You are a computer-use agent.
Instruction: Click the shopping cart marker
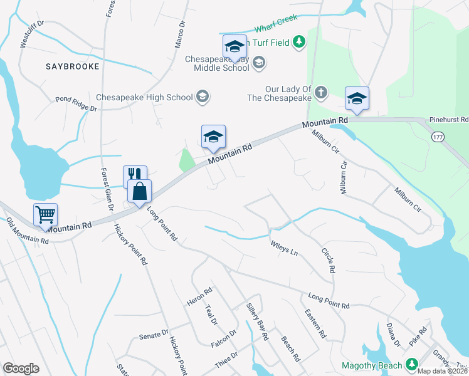46,214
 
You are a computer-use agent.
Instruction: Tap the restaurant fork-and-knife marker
135,175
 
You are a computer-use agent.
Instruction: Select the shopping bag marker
139,191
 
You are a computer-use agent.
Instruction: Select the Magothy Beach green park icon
411,364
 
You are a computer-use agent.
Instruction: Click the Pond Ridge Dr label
76,104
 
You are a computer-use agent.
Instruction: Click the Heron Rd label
200,296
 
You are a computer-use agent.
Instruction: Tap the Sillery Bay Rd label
256,326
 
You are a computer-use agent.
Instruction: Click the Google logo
21,368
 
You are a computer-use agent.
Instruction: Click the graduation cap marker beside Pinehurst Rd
357,98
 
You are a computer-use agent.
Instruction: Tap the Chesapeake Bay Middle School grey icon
260,62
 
